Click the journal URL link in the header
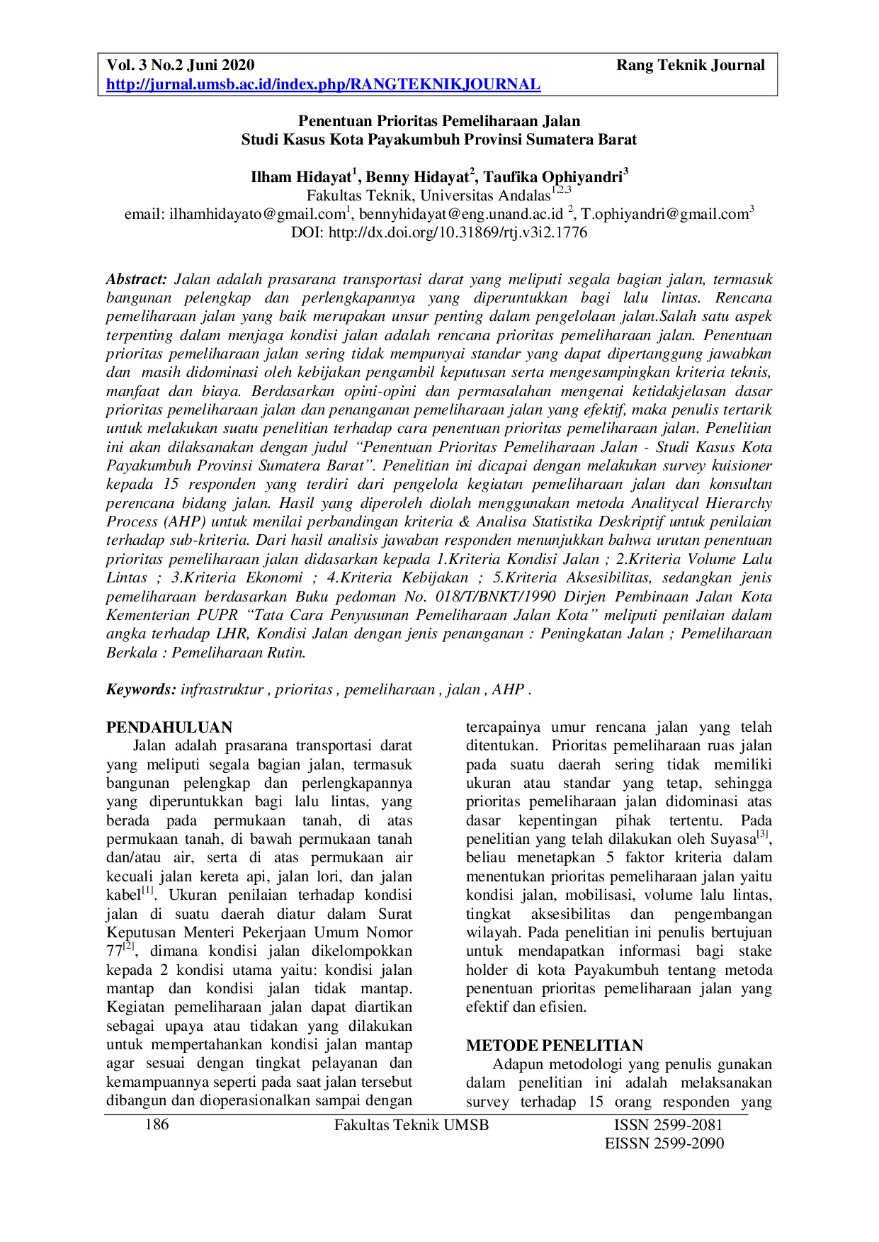click(323, 85)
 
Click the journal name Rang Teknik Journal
click(690, 66)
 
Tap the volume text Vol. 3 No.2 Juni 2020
click(180, 66)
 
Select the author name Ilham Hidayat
click(300, 177)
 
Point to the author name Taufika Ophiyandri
click(553, 177)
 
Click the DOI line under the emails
click(439, 232)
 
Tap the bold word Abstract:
click(137, 279)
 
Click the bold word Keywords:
click(141, 689)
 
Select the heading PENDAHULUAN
click(169, 728)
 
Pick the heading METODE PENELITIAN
click(555, 1046)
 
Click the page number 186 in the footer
click(157, 1125)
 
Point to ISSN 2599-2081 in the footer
click(668, 1125)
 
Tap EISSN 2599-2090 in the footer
click(664, 1144)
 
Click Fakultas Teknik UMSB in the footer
click(411, 1125)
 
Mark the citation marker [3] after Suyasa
click(763, 835)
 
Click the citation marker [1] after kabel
click(147, 891)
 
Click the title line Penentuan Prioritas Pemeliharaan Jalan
click(438, 121)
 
